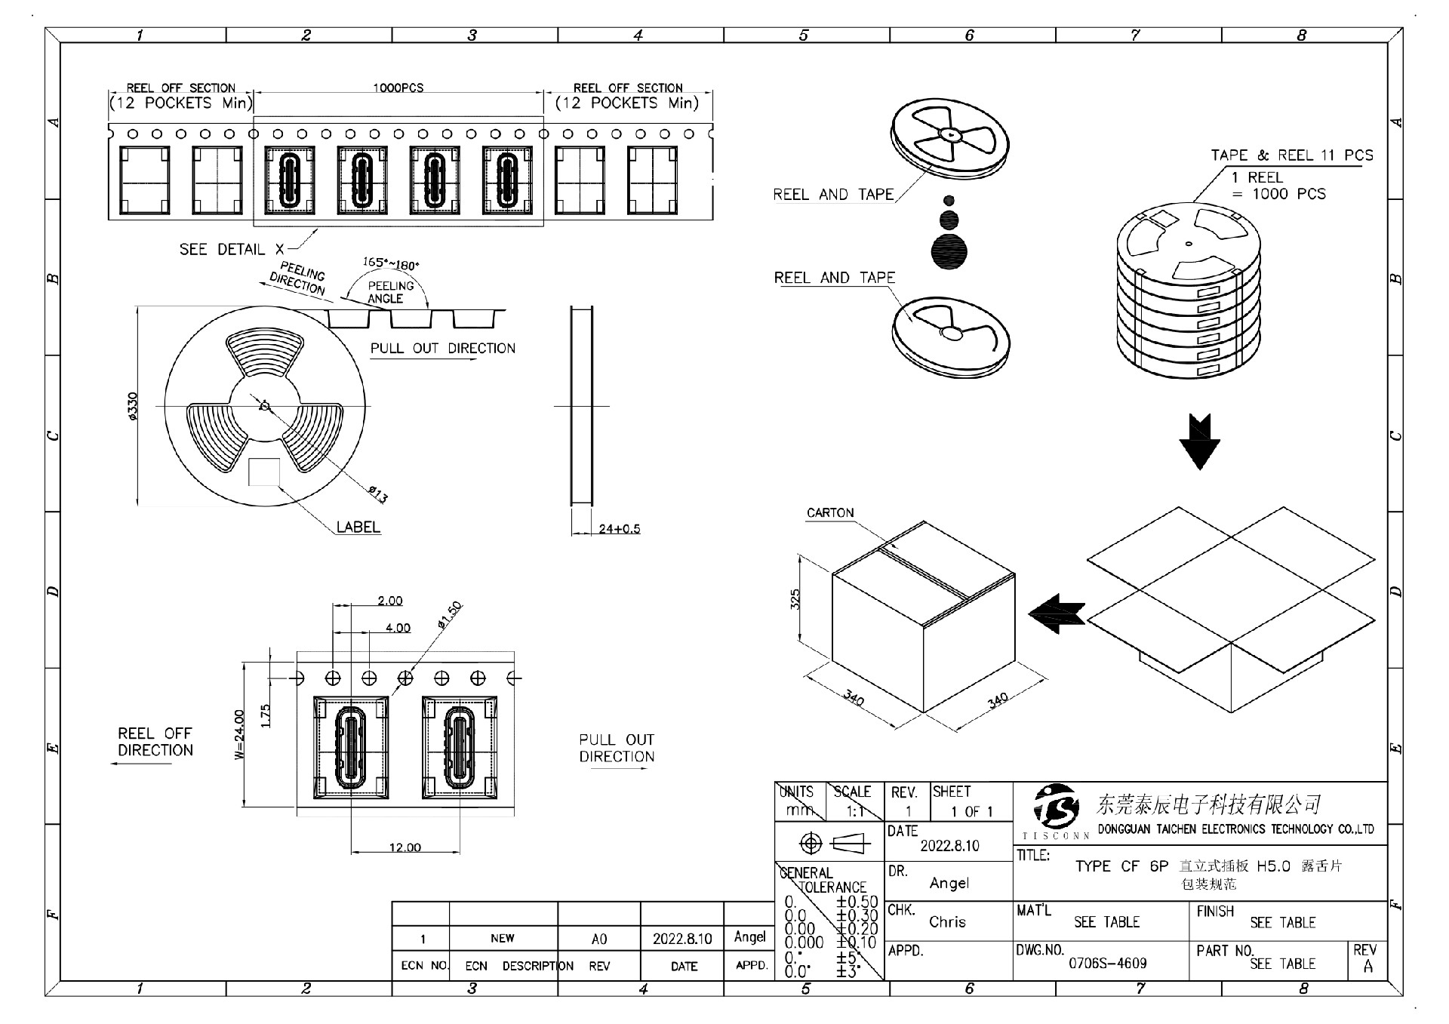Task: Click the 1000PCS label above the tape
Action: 398,88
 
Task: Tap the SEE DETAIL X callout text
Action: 232,250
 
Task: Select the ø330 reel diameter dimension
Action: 133,406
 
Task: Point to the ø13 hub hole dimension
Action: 378,494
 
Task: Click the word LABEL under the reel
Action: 358,527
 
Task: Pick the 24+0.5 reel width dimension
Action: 619,529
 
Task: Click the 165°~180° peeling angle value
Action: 390,263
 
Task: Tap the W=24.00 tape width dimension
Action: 239,734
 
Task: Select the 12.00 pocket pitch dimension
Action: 405,847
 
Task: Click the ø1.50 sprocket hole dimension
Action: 449,615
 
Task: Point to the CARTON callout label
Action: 830,513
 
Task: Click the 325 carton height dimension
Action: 795,600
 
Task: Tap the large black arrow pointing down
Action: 1198,441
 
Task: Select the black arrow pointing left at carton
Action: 1057,613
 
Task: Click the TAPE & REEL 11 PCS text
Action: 1292,155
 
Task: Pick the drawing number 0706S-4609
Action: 1107,964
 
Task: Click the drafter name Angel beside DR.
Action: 949,883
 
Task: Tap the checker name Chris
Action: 947,922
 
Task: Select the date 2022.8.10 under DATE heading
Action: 949,846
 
